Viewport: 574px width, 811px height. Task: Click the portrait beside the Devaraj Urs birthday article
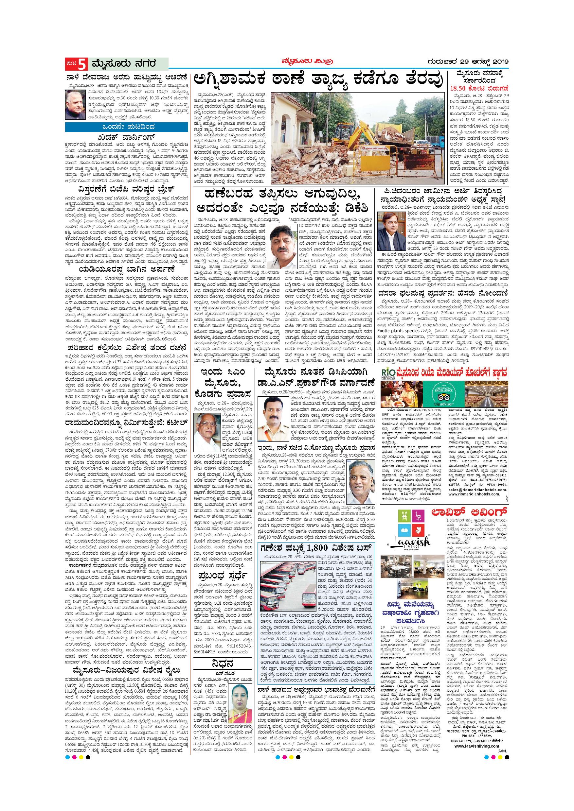pos(75,105)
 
